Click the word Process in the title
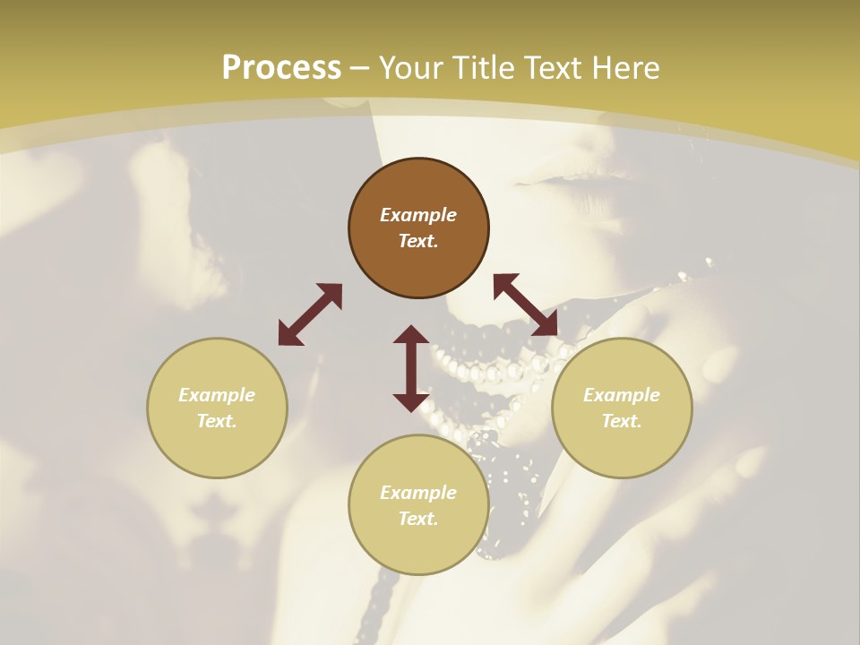click(x=281, y=68)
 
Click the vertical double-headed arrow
click(x=411, y=368)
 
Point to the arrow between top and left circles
click(x=310, y=314)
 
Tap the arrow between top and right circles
click(x=525, y=305)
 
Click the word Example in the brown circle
click(x=418, y=215)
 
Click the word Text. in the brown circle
click(x=418, y=241)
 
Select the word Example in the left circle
click(x=217, y=395)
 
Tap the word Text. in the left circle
click(x=217, y=421)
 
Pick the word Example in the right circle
click(x=622, y=395)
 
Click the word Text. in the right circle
click(x=622, y=421)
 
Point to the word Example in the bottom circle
click(x=418, y=493)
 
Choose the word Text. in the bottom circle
click(x=418, y=519)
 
